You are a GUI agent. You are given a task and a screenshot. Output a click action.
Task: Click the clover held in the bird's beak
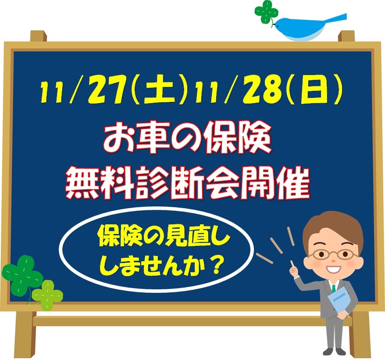coord(267,12)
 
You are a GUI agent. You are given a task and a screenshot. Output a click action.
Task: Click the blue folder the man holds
coord(340,302)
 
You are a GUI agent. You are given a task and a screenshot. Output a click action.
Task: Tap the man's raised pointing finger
coord(292,264)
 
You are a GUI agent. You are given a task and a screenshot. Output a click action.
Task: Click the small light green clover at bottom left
coord(47,295)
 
